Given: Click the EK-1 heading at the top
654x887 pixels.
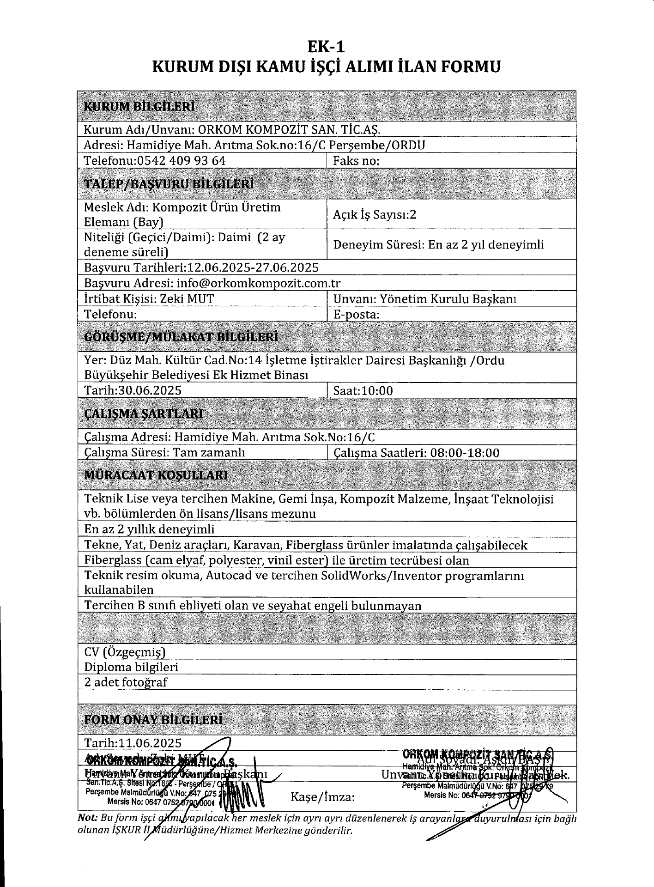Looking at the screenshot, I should (327, 47).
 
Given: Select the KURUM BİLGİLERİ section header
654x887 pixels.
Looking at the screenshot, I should (139, 106).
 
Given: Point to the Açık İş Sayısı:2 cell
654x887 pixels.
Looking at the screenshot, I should (374, 214).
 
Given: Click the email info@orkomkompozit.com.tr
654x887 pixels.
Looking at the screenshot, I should (258, 283).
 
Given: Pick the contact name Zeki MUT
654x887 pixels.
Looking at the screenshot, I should (187, 298).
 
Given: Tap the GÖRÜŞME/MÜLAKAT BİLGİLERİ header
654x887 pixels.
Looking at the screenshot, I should (181, 337).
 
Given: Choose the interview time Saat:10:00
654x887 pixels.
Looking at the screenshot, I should (363, 391).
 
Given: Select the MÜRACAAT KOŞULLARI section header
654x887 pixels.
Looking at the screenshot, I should (156, 475).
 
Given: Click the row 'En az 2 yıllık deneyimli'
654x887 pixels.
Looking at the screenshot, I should (150, 529).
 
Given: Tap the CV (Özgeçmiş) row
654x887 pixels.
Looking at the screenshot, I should (125, 652).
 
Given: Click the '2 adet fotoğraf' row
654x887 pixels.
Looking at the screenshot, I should (126, 682).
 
